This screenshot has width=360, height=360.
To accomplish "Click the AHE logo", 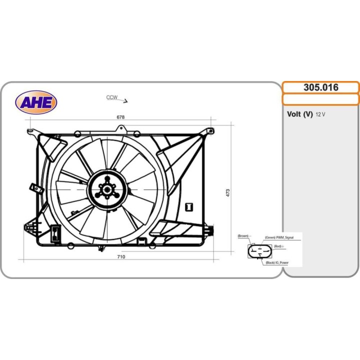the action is pos(36,102).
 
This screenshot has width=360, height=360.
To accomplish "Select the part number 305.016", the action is pos(321,87).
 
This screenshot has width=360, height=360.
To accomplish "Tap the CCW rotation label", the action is pos(112,97).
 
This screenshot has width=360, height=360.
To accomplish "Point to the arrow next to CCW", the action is pos(122,100).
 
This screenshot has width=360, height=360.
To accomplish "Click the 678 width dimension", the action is pos(120,117).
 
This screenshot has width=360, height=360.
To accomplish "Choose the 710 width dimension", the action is pos(121,256).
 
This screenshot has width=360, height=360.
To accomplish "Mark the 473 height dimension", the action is pos(228,193).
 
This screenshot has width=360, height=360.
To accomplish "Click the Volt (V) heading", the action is pos(300,114).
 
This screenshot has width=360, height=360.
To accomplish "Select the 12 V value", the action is pos(320,114).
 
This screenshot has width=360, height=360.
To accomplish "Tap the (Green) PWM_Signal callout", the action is pos(279,237).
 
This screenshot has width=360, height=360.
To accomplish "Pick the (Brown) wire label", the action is pos(244,236).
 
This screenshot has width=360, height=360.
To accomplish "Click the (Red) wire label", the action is pos(278,246).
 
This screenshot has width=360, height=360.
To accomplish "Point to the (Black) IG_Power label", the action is pos(277,262).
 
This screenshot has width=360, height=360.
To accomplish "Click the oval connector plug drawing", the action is pos(259,251).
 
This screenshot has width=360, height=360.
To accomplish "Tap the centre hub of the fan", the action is pos(107,189).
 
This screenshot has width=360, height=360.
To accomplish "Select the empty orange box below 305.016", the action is pos(320,99).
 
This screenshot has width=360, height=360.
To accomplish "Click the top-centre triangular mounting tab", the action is pos(121,128).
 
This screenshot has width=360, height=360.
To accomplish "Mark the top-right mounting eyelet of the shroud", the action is pos(211,131).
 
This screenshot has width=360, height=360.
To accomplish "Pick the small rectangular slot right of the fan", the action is pos(189,207).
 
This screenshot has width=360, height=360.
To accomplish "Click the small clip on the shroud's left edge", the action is pos(36,188).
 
